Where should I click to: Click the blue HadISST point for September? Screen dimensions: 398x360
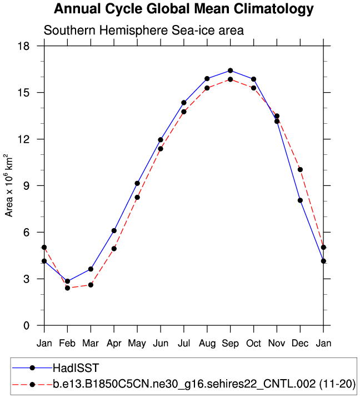[x=230, y=70]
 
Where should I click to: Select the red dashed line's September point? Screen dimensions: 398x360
[x=230, y=79]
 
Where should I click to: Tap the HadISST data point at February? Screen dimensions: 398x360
[x=68, y=281]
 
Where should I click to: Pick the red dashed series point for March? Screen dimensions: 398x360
[x=91, y=285]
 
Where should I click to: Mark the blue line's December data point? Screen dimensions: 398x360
[x=300, y=200]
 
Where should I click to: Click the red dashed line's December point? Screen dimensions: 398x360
[x=300, y=169]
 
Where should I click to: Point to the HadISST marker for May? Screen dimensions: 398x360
[x=137, y=183]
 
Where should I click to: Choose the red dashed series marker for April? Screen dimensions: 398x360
[x=114, y=249]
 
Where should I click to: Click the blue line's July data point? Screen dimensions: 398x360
[x=184, y=103]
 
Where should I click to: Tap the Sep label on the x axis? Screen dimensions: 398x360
[x=230, y=344]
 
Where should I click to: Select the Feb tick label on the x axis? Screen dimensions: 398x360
[x=68, y=344]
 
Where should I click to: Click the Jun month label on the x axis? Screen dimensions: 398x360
[x=161, y=344]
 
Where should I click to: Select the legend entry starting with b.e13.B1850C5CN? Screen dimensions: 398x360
[x=204, y=384]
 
